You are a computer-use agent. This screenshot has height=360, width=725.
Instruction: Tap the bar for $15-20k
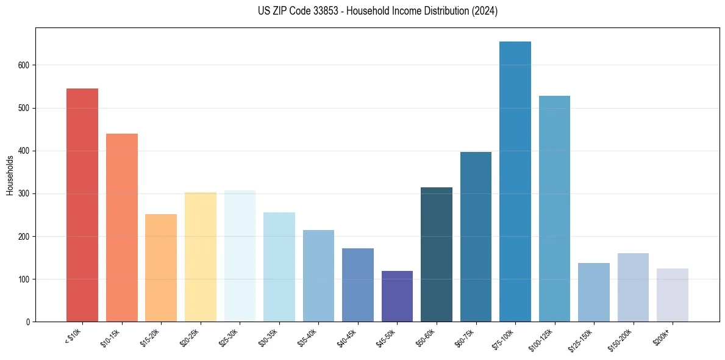161,268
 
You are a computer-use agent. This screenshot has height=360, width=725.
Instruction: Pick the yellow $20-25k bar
200,257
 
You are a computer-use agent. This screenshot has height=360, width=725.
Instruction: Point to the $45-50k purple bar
397,296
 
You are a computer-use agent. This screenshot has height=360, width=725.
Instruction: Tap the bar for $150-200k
633,287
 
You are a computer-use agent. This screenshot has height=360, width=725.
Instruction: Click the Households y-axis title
10,175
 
